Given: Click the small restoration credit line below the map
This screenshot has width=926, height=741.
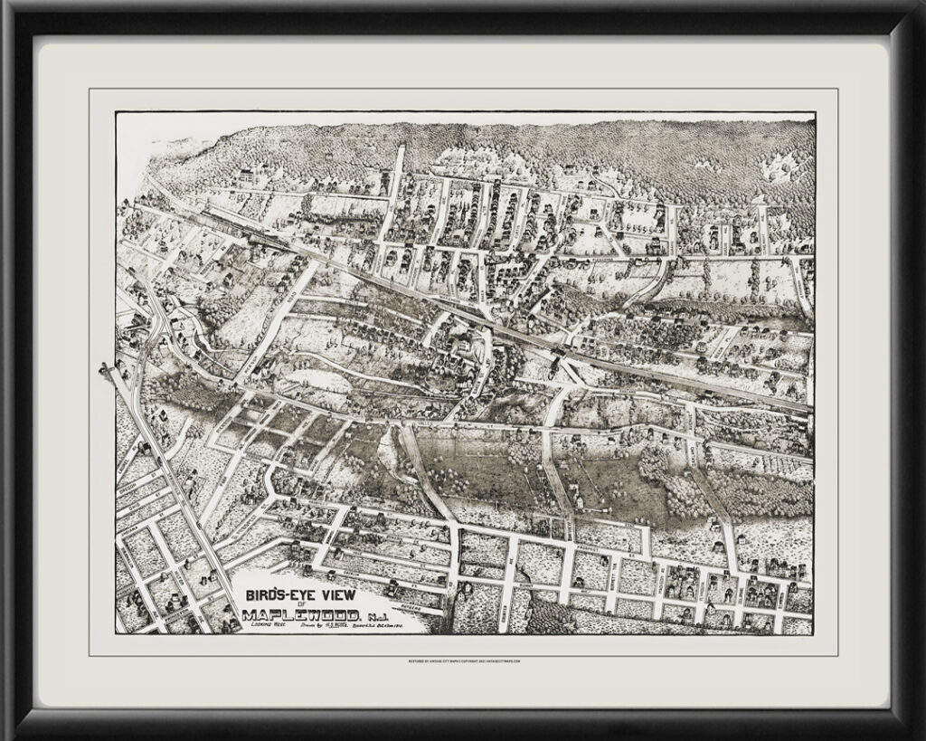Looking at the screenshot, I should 463,661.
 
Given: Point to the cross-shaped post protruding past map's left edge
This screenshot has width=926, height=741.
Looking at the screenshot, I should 107,369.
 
